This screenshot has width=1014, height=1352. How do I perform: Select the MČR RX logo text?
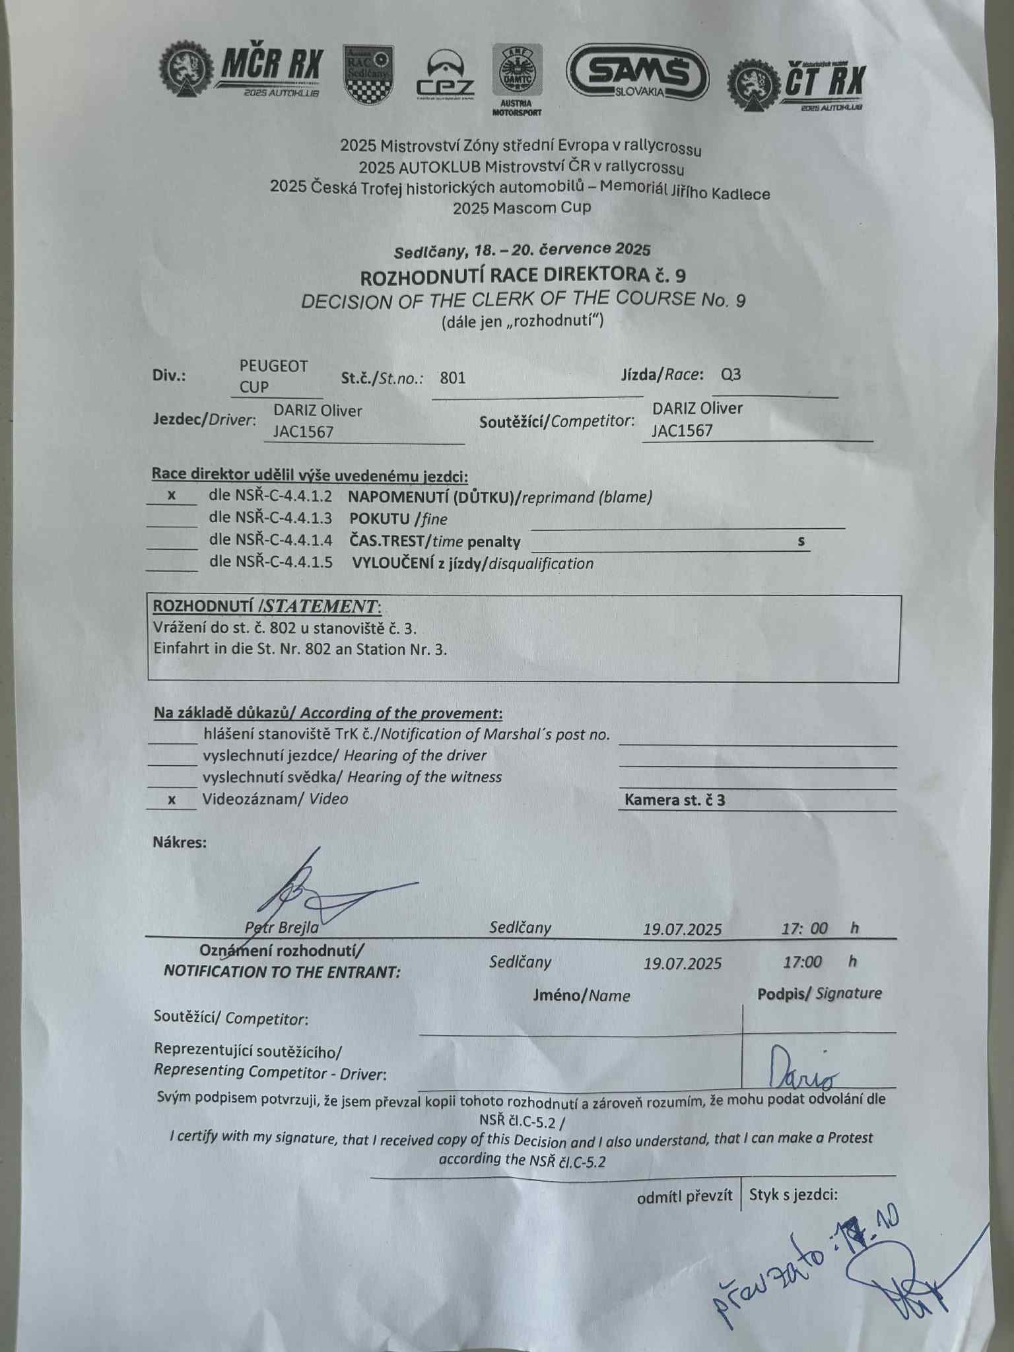[271, 67]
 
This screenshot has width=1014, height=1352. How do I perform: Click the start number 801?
[453, 378]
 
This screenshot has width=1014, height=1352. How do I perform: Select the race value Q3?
[731, 375]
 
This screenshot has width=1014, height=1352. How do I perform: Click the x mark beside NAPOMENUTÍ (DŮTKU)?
[172, 494]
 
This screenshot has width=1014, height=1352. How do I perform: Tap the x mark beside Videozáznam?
[172, 799]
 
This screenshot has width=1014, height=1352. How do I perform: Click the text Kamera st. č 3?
[675, 801]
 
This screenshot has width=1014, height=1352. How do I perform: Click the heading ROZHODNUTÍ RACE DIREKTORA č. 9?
[518, 275]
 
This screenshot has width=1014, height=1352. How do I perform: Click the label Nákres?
[180, 842]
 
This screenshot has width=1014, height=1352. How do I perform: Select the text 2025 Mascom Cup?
[522, 207]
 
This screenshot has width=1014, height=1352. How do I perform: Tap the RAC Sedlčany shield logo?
[368, 73]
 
